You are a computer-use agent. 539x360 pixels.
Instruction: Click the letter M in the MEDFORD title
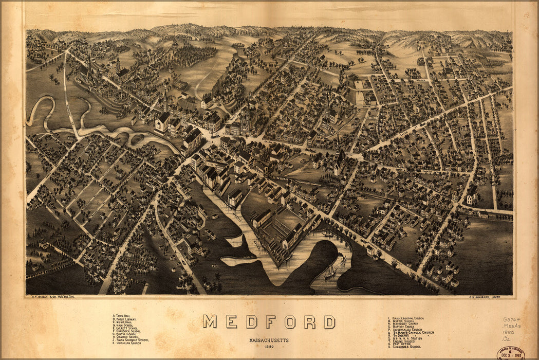(210, 322)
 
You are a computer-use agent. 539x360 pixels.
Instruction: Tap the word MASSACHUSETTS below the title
(269, 340)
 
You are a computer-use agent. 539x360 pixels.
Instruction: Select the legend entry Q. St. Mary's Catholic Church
(411, 333)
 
